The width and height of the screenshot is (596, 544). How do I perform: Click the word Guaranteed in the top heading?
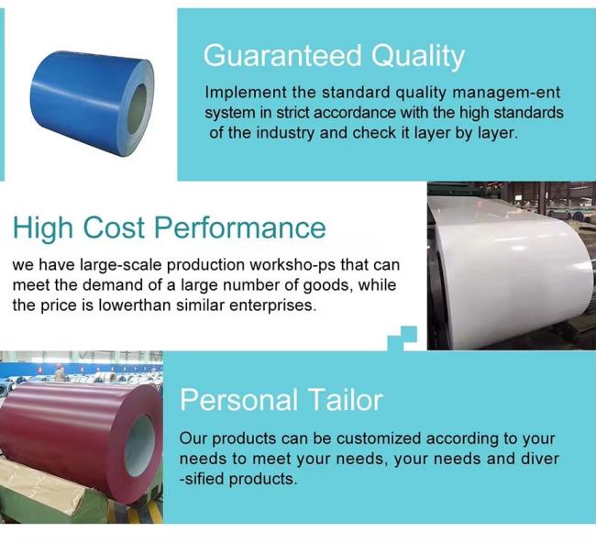pos(282,56)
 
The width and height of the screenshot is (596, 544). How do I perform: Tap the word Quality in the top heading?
pos(417,58)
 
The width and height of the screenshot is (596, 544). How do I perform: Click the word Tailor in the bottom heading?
pos(345,400)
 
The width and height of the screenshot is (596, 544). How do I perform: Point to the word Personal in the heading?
pos(238,400)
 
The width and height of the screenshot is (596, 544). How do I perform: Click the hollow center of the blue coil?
pos(137,109)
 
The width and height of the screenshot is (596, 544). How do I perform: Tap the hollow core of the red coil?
pos(139,446)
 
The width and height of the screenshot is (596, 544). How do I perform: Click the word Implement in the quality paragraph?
pos(246,94)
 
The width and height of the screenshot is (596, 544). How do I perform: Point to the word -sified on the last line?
pos(202,479)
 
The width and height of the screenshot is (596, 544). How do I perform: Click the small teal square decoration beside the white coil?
pos(403,339)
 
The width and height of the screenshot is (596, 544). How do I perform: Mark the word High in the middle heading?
pos(43,228)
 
